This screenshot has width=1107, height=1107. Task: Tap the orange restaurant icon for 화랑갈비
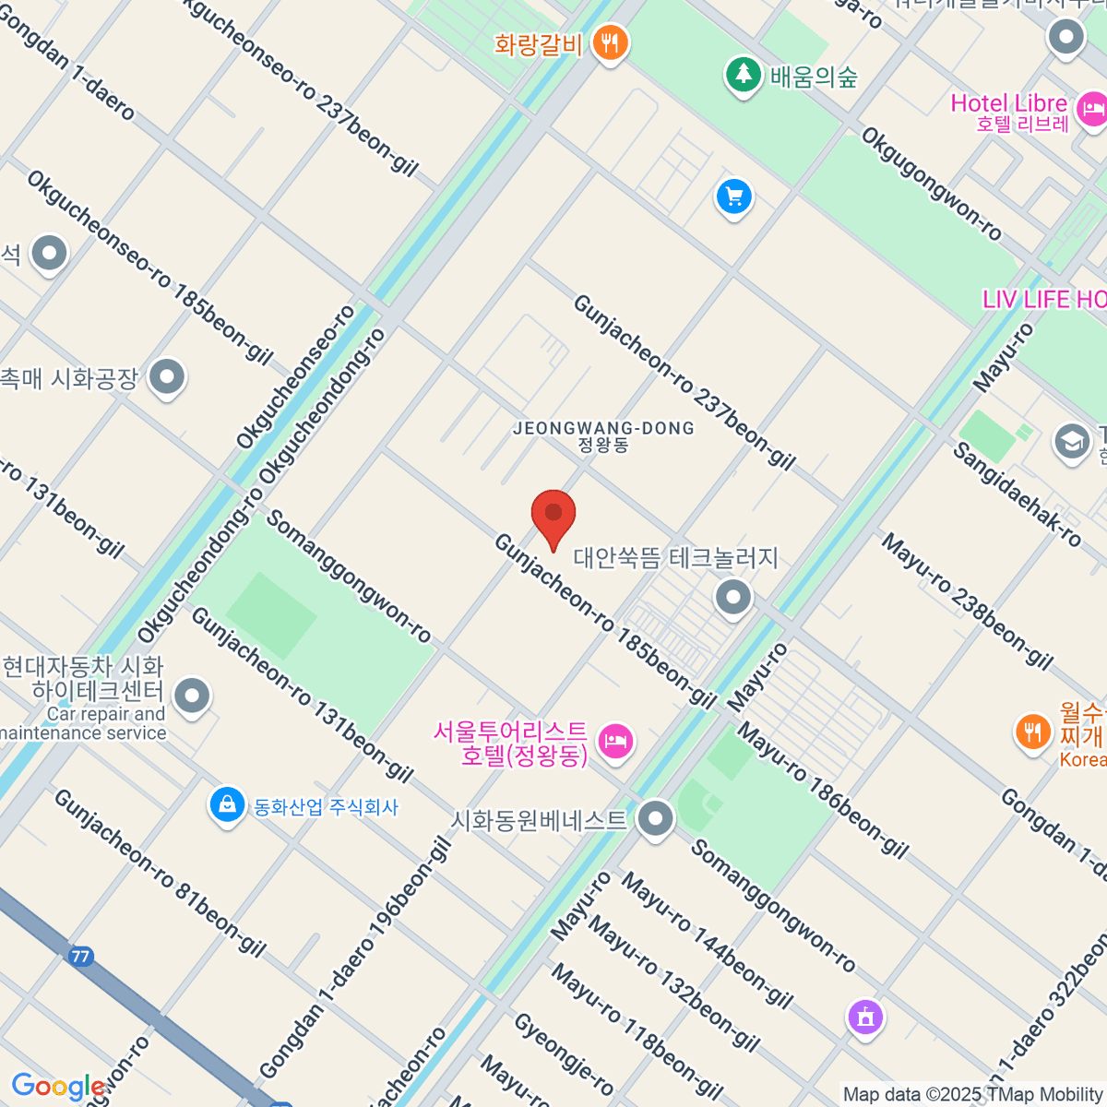click(x=609, y=42)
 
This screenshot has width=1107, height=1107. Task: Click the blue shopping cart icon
click(x=734, y=196)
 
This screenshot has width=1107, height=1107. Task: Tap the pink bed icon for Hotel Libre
click(x=1092, y=111)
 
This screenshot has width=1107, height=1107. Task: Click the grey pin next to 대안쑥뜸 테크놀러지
click(x=733, y=597)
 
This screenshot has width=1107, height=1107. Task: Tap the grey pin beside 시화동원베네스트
click(x=655, y=818)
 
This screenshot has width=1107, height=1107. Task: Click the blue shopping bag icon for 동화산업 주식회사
click(x=226, y=804)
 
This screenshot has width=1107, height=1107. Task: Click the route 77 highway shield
click(x=80, y=956)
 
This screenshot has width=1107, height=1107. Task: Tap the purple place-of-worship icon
click(x=865, y=1017)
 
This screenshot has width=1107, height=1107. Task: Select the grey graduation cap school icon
click(x=1071, y=441)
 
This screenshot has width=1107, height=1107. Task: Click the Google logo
click(x=58, y=1087)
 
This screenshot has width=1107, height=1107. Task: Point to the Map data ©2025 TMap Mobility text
click(x=973, y=1094)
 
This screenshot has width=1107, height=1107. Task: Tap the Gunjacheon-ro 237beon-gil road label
click(x=684, y=382)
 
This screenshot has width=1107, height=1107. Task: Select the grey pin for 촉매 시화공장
click(x=167, y=376)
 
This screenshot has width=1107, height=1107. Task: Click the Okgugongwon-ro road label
click(x=931, y=184)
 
